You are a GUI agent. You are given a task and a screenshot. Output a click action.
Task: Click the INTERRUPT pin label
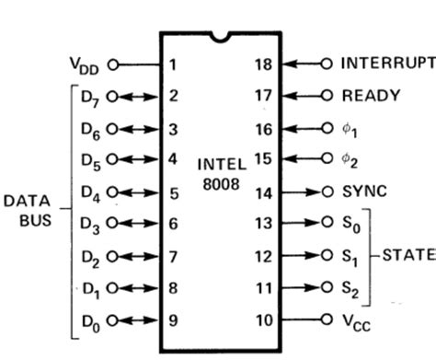tap(386, 64)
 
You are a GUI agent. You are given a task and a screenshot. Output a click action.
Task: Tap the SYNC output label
tap(366, 192)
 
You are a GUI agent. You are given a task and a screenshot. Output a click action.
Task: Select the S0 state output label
tap(350, 224)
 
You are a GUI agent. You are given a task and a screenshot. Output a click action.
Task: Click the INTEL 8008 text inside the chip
tap(221, 175)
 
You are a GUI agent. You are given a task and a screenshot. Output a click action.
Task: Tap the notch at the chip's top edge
tap(218, 38)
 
